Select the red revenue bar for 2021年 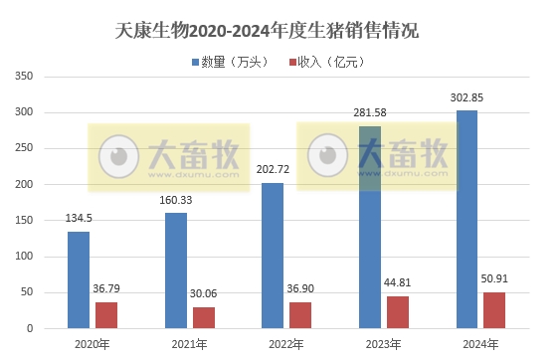point(203,317)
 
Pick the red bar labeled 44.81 point(397,312)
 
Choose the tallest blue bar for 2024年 point(467,219)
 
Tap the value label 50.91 point(494,279)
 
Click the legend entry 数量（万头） point(230,62)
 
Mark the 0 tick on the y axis point(31,328)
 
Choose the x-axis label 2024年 point(479,344)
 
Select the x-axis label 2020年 point(92,344)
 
